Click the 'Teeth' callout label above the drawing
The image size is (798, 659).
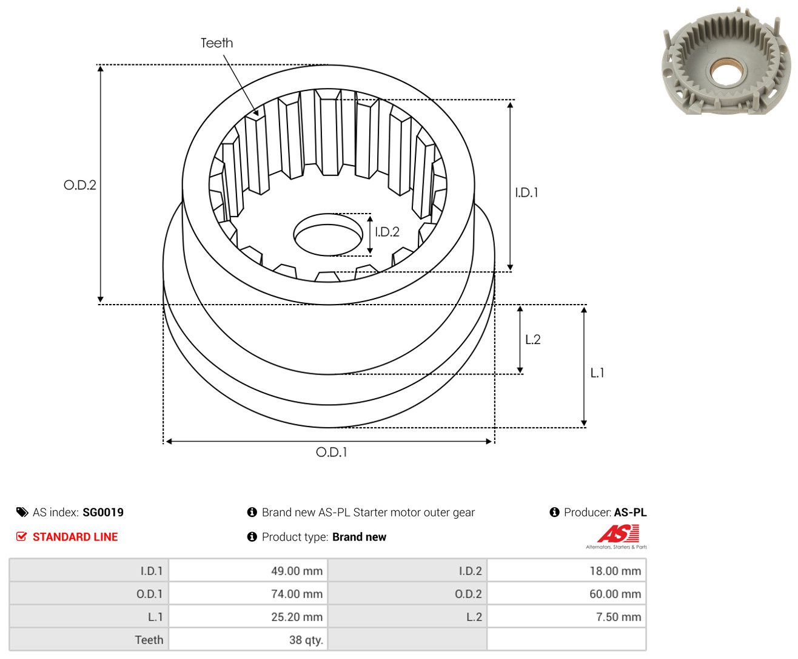pos(216,43)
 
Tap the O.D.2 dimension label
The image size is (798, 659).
pos(79,185)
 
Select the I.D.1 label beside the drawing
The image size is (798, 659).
pos(526,192)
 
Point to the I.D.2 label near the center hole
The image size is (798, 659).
pos(387,232)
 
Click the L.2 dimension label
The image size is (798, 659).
pos(533,339)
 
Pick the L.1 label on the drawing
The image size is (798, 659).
pos(597,373)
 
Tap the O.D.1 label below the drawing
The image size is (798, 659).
pos(331,452)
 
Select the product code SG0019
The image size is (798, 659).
pos(103,512)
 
